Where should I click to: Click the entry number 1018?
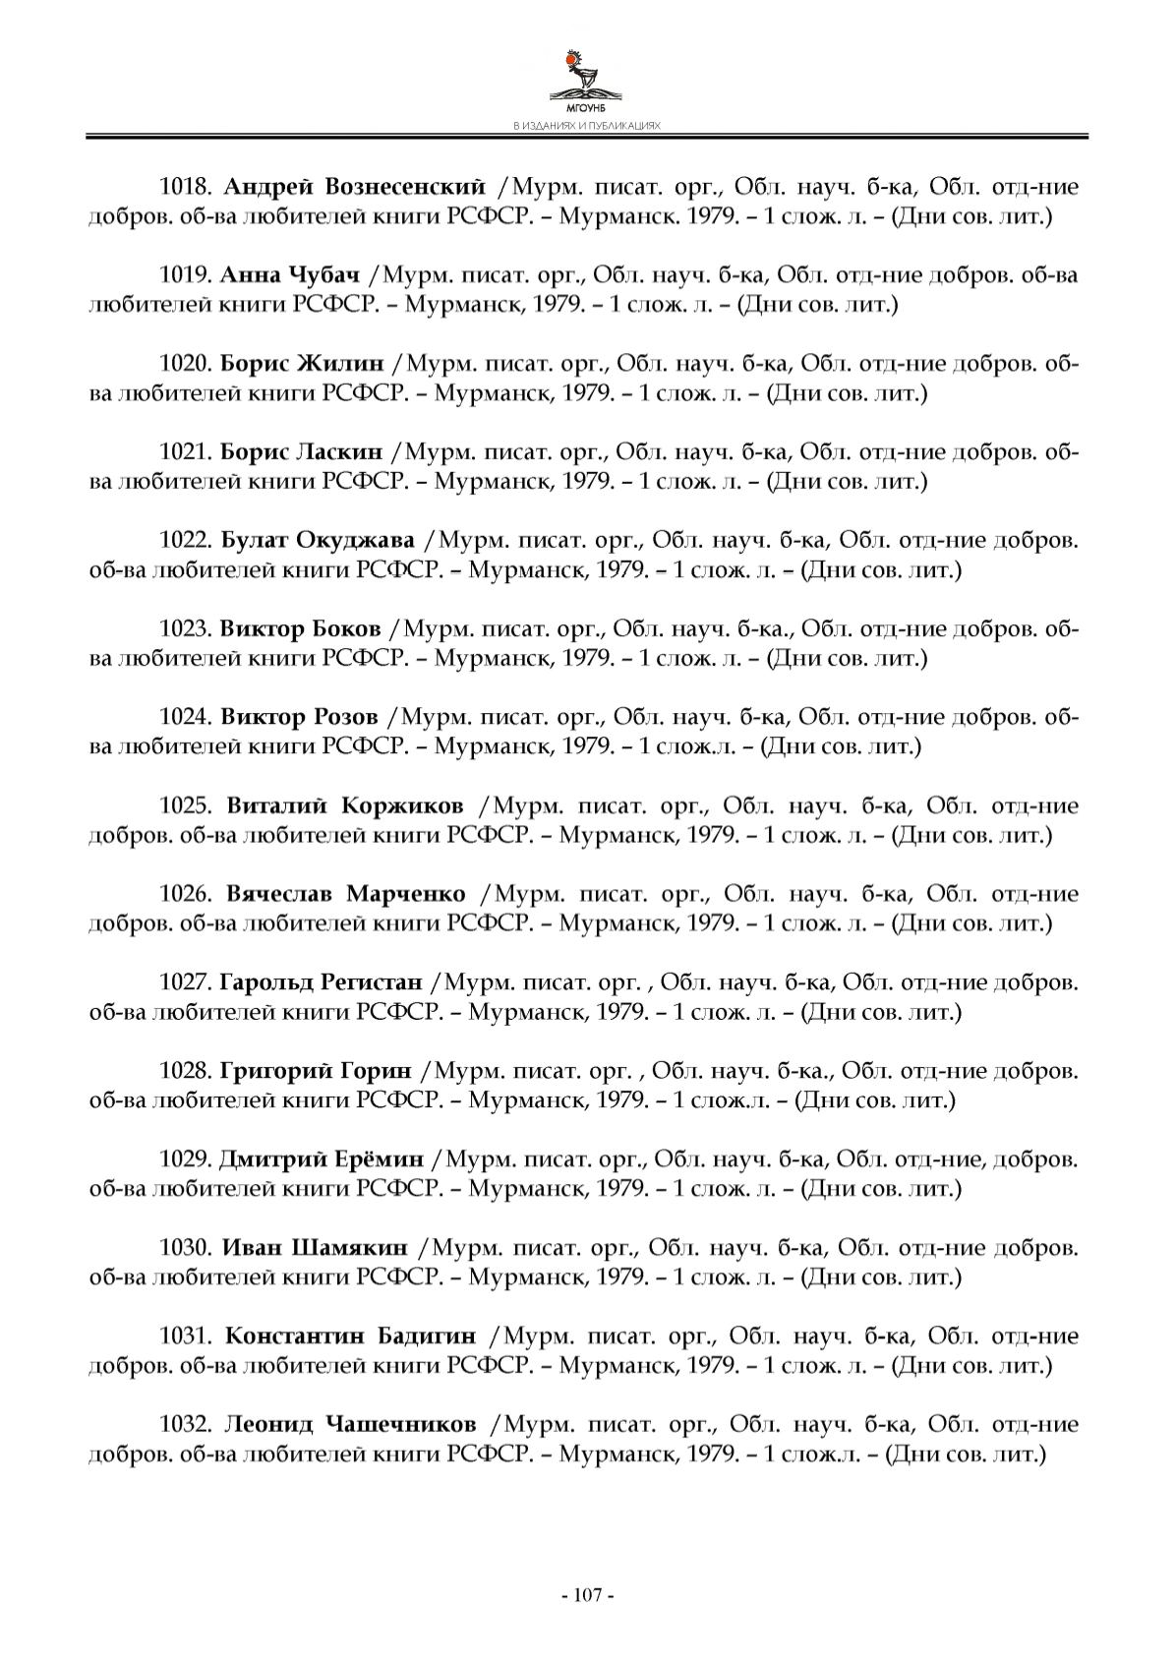(x=187, y=187)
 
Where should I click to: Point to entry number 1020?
(x=186, y=364)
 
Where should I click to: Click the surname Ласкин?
(x=337, y=452)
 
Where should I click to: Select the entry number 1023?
(x=186, y=629)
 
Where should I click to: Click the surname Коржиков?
(x=402, y=806)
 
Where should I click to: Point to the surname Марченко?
(x=406, y=895)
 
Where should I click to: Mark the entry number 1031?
(x=187, y=1337)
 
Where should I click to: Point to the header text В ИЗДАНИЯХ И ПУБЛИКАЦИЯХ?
(x=587, y=127)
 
